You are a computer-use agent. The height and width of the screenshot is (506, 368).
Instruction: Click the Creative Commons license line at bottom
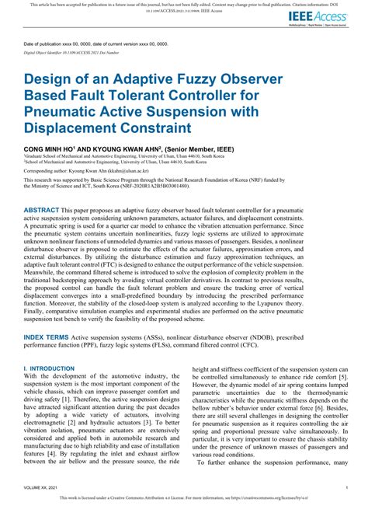184,500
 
